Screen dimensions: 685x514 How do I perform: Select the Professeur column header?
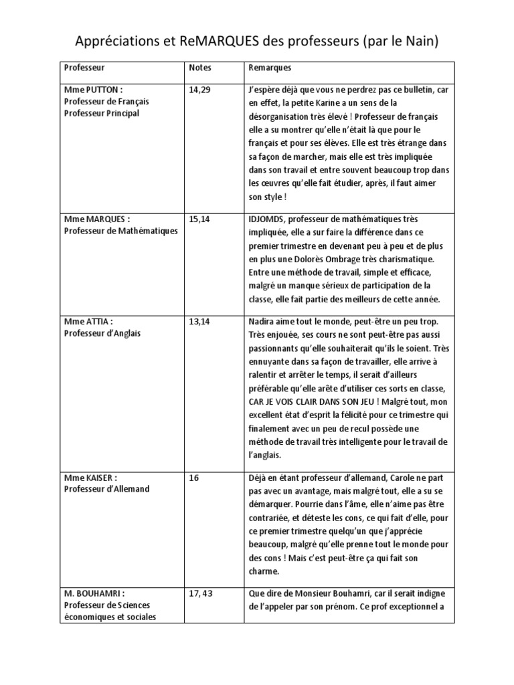[x=84, y=68]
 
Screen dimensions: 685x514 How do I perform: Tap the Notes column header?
[x=200, y=68]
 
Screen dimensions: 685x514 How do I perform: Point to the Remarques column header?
[x=270, y=68]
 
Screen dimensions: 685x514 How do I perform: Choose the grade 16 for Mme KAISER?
[x=195, y=477]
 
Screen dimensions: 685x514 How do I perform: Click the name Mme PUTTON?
[x=93, y=89]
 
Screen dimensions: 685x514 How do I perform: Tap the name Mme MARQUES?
[x=96, y=219]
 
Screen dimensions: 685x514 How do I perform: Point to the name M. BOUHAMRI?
[x=94, y=593]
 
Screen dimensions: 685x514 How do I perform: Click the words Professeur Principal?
[x=102, y=114]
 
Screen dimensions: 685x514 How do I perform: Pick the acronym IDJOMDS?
[x=269, y=219]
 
